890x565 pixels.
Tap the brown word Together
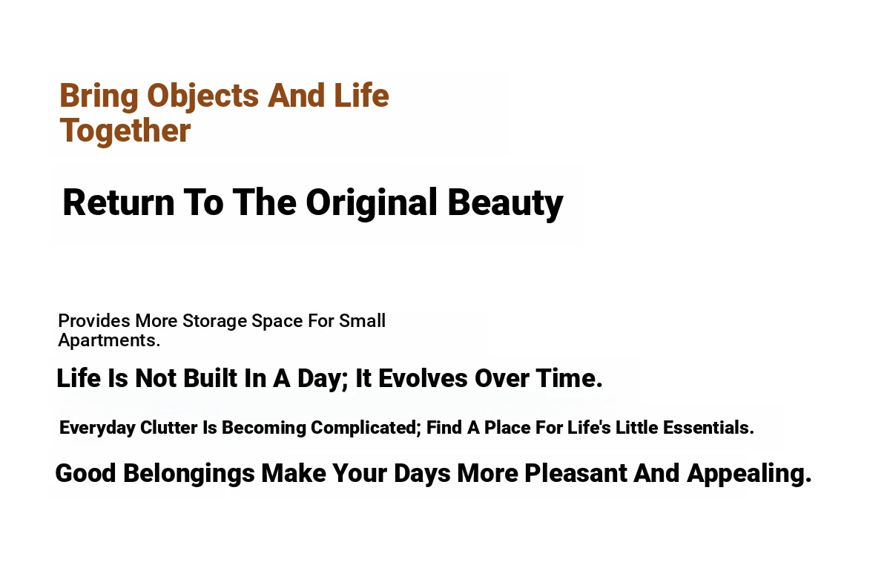point(125,131)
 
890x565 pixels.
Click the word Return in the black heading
point(119,202)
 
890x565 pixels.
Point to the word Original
point(372,203)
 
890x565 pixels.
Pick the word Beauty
point(505,203)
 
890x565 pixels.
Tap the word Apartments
point(109,340)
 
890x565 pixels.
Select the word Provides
point(93,320)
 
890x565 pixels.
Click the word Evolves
point(423,378)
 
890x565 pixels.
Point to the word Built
point(210,378)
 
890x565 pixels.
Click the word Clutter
point(169,428)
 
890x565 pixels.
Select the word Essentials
point(708,428)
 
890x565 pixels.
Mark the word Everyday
point(97,429)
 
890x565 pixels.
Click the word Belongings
point(189,474)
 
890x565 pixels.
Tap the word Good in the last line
point(86,473)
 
